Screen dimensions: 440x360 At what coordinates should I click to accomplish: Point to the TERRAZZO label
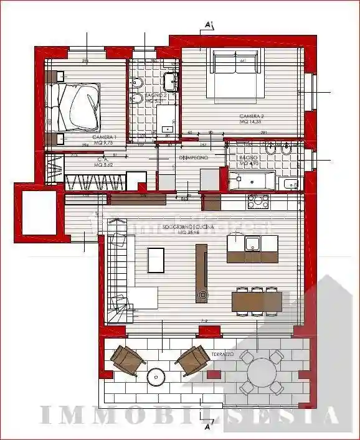tap(222, 353)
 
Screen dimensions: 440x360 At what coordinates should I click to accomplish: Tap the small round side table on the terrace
tap(155, 377)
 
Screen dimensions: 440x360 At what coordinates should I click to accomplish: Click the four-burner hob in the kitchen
tap(257, 202)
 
